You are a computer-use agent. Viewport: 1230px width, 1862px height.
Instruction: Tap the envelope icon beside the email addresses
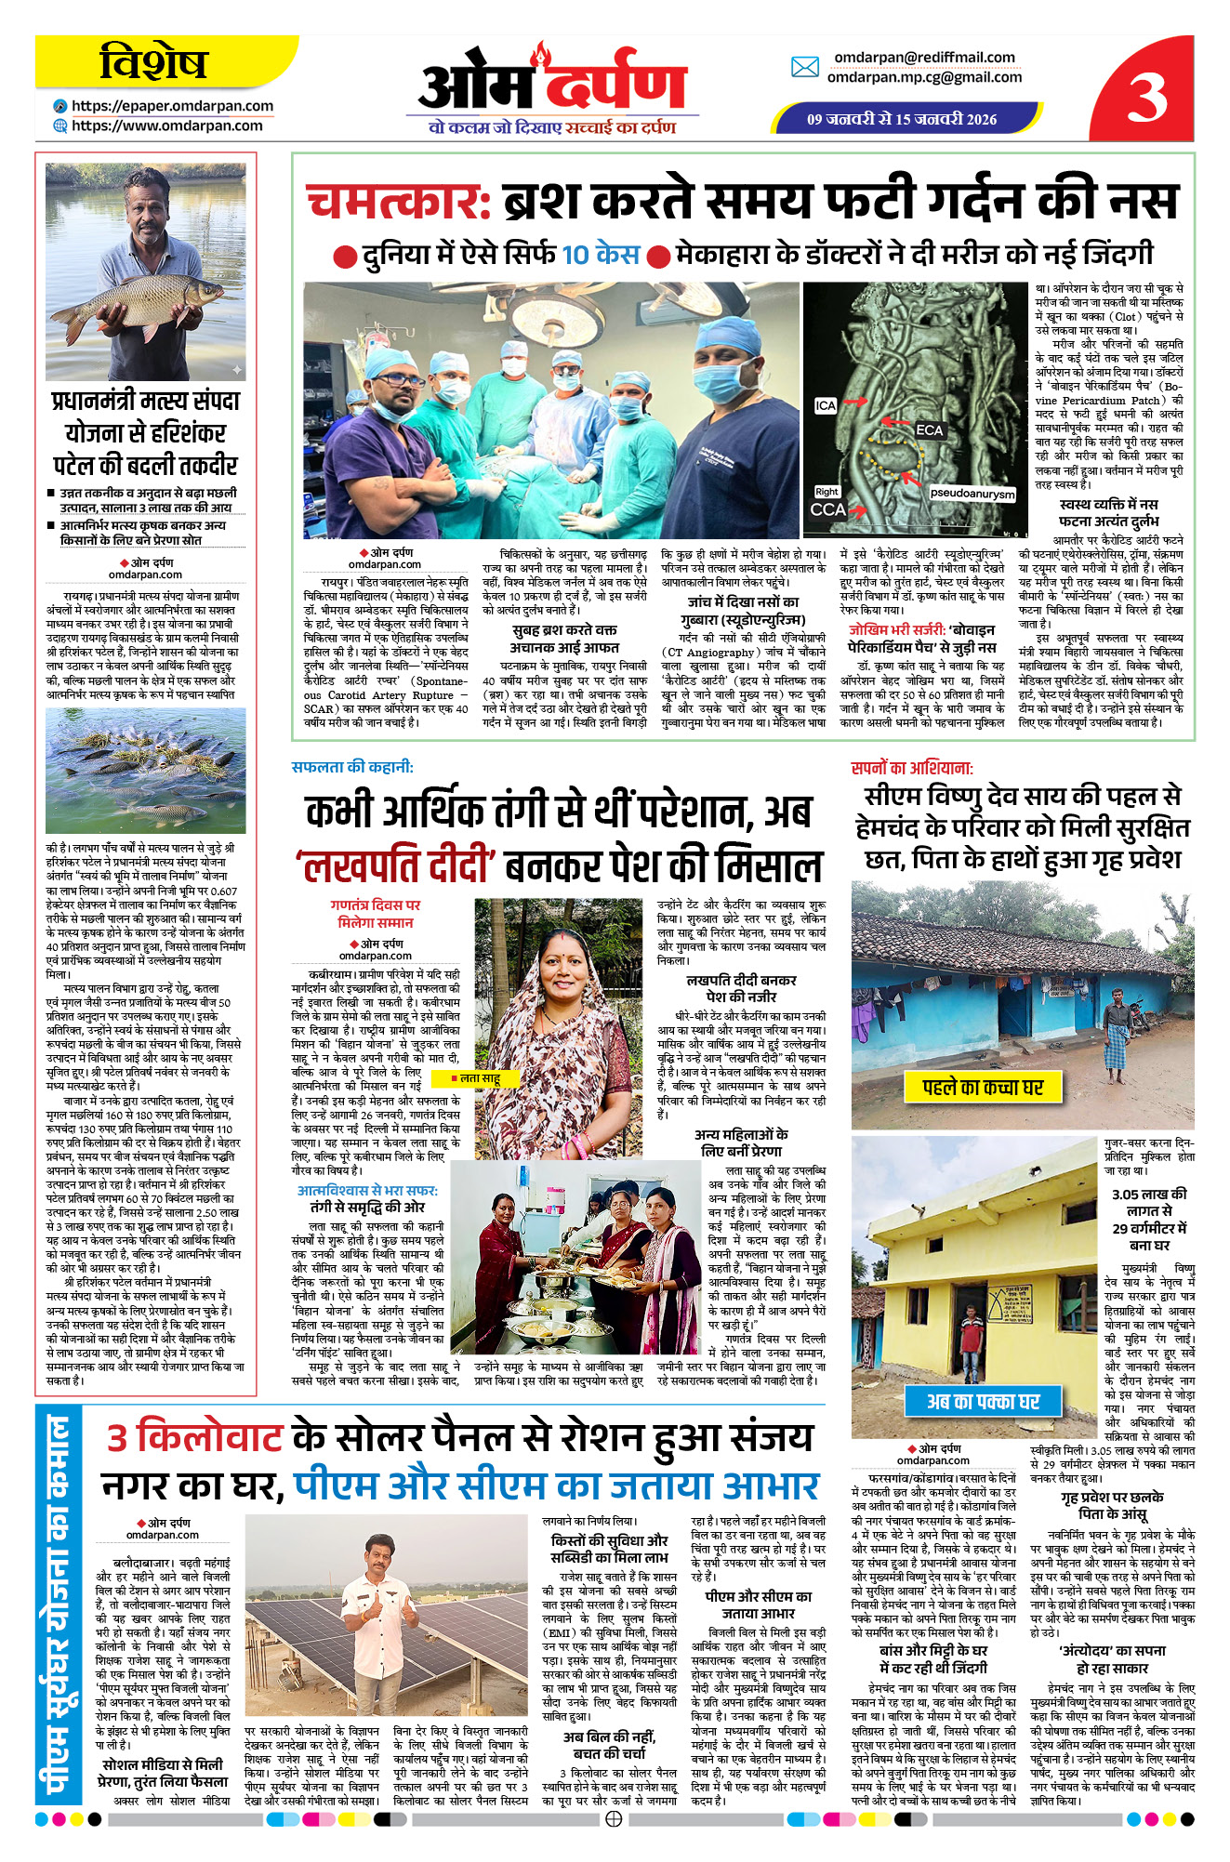[804, 67]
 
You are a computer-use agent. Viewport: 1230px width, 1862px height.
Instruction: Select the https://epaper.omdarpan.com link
[172, 106]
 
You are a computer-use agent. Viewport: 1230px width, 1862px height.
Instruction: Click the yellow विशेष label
[153, 63]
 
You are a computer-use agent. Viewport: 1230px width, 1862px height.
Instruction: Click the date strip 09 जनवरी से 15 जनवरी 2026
[901, 119]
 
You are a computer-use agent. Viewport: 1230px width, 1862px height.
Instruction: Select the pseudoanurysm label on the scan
[972, 494]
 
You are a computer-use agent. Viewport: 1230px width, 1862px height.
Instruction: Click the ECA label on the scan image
[929, 430]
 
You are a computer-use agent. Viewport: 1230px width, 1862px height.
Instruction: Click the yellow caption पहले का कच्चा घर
[982, 1087]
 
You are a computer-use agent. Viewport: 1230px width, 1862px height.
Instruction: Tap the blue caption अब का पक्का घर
[983, 1401]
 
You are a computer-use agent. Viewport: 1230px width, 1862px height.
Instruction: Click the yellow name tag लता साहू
[478, 1077]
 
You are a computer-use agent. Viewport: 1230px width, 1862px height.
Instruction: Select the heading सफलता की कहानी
[352, 767]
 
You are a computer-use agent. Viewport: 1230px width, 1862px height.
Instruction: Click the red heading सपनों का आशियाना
[912, 768]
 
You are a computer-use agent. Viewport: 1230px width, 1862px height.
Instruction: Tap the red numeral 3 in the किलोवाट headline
[117, 1437]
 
